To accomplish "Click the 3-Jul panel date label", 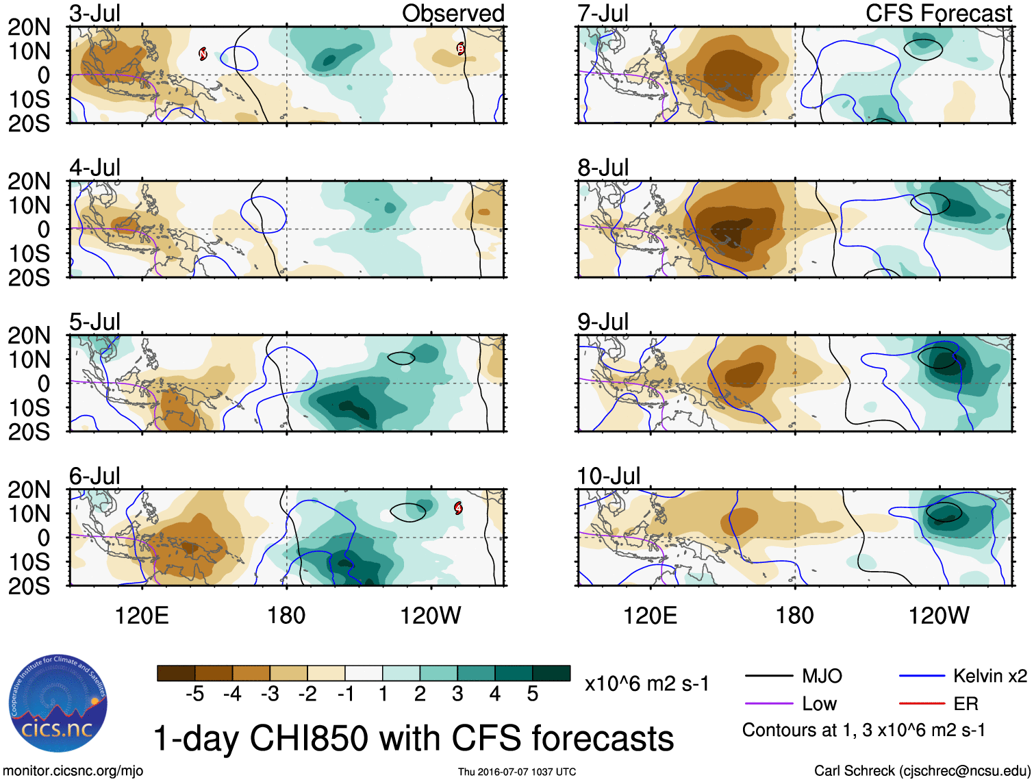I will coord(95,14).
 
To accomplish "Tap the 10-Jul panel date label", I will coord(609,476).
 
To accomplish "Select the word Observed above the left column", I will coord(453,14).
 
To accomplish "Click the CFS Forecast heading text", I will coord(938,14).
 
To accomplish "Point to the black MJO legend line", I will coord(768,677).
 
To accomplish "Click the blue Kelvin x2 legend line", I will coord(922,677).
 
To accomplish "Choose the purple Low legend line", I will coord(768,704).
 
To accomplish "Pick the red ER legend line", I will coord(922,704).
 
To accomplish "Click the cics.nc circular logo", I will coord(58,703).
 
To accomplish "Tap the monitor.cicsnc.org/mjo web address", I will coord(73,771).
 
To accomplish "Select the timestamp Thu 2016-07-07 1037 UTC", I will coord(517,772).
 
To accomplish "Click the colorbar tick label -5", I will coord(194,694).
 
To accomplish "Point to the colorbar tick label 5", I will coord(532,694).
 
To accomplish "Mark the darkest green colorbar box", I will coord(551,673).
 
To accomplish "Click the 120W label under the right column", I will coord(939,616).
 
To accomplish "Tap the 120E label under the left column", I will coord(142,616).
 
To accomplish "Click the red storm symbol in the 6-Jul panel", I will coord(458,508).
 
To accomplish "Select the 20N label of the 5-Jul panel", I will coord(29,336).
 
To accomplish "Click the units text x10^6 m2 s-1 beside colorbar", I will coord(646,684).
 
